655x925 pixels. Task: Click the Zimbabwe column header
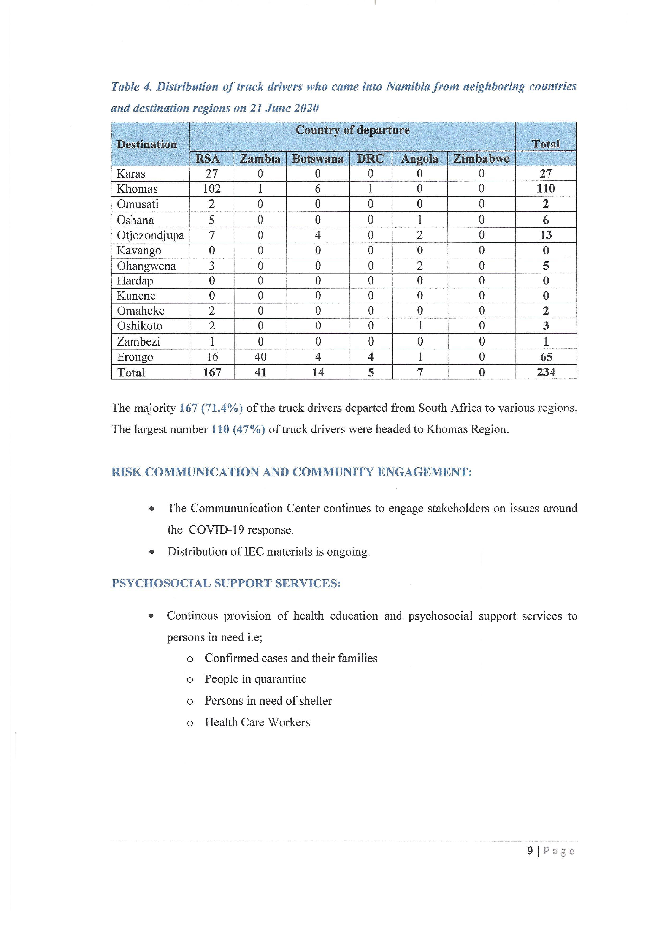tap(481, 159)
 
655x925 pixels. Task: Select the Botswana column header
tap(318, 159)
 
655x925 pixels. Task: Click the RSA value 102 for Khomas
tap(212, 189)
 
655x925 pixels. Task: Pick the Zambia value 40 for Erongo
tap(260, 357)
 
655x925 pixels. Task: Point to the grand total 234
tap(546, 372)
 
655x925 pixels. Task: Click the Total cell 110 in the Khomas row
tap(546, 189)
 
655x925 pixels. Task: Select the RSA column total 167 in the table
tap(212, 372)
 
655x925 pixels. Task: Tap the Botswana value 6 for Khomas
tap(318, 189)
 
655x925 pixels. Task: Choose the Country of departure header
tap(352, 130)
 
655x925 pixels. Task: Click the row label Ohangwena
tap(146, 266)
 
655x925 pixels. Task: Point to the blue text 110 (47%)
tap(238, 429)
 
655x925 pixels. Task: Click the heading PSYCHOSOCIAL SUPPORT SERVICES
tap(226, 583)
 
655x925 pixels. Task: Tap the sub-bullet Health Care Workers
tap(257, 722)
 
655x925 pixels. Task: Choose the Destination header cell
tap(147, 144)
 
